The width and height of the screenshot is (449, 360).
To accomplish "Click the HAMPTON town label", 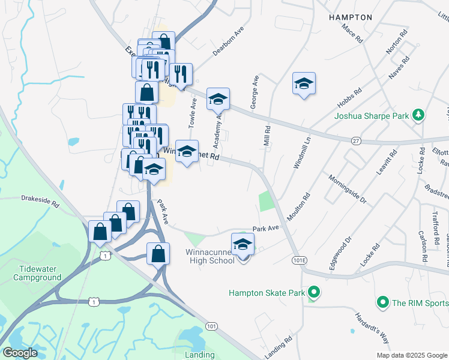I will click(351, 17).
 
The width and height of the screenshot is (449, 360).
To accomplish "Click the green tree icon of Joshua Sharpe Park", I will click(420, 115).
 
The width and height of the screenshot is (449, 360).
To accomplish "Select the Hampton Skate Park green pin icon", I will click(313, 293).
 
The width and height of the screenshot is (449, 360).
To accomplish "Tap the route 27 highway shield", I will click(356, 140).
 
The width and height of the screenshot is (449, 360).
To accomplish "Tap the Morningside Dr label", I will click(346, 188).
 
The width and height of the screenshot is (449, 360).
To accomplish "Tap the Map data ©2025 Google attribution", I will click(412, 355).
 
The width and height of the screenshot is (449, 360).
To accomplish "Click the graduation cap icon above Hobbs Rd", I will click(304, 83).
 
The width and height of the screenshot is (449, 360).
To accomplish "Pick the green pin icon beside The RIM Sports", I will click(382, 303).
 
